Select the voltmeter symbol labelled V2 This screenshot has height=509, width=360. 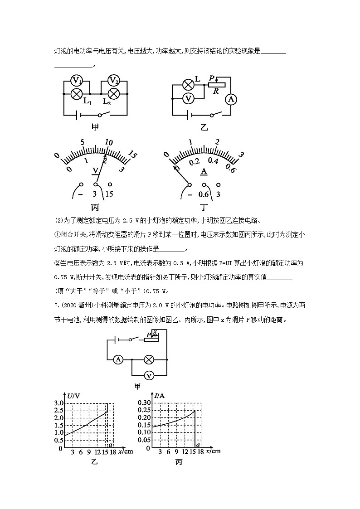tap(114, 82)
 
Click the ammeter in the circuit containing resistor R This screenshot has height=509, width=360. tap(231, 99)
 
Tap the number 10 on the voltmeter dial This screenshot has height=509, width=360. tap(108, 142)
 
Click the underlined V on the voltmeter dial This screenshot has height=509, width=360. tap(96, 170)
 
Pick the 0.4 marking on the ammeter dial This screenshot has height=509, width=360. tap(213, 161)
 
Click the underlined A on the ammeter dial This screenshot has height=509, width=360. tap(204, 171)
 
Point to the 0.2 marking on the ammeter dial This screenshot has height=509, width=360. tap(194, 162)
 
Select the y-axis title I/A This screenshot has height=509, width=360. tap(159, 396)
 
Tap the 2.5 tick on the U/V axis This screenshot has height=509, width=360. tap(59, 411)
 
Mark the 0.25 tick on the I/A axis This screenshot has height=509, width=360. tap(144, 411)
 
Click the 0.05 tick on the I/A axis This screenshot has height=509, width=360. tap(144, 440)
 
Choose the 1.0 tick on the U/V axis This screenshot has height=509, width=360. tap(59, 433)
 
